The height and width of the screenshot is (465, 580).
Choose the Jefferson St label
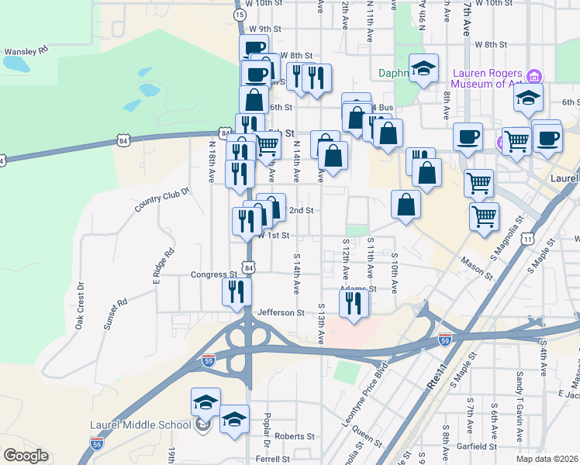[281, 312]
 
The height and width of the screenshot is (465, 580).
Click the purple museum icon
[533, 77]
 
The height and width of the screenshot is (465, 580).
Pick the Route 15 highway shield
[240, 15]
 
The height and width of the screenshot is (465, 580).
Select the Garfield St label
[477, 446]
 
